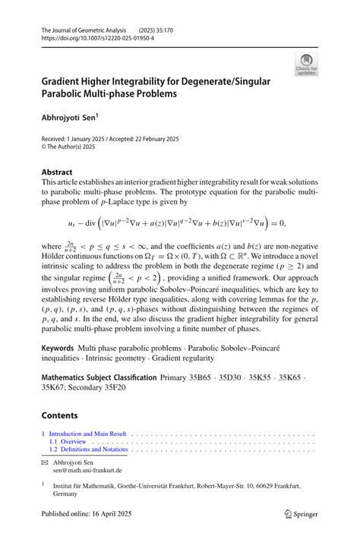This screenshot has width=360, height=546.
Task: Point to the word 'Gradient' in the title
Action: pos(66,82)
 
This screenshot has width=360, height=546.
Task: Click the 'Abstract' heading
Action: pos(58,172)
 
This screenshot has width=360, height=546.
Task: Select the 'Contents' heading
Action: pos(60,415)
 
